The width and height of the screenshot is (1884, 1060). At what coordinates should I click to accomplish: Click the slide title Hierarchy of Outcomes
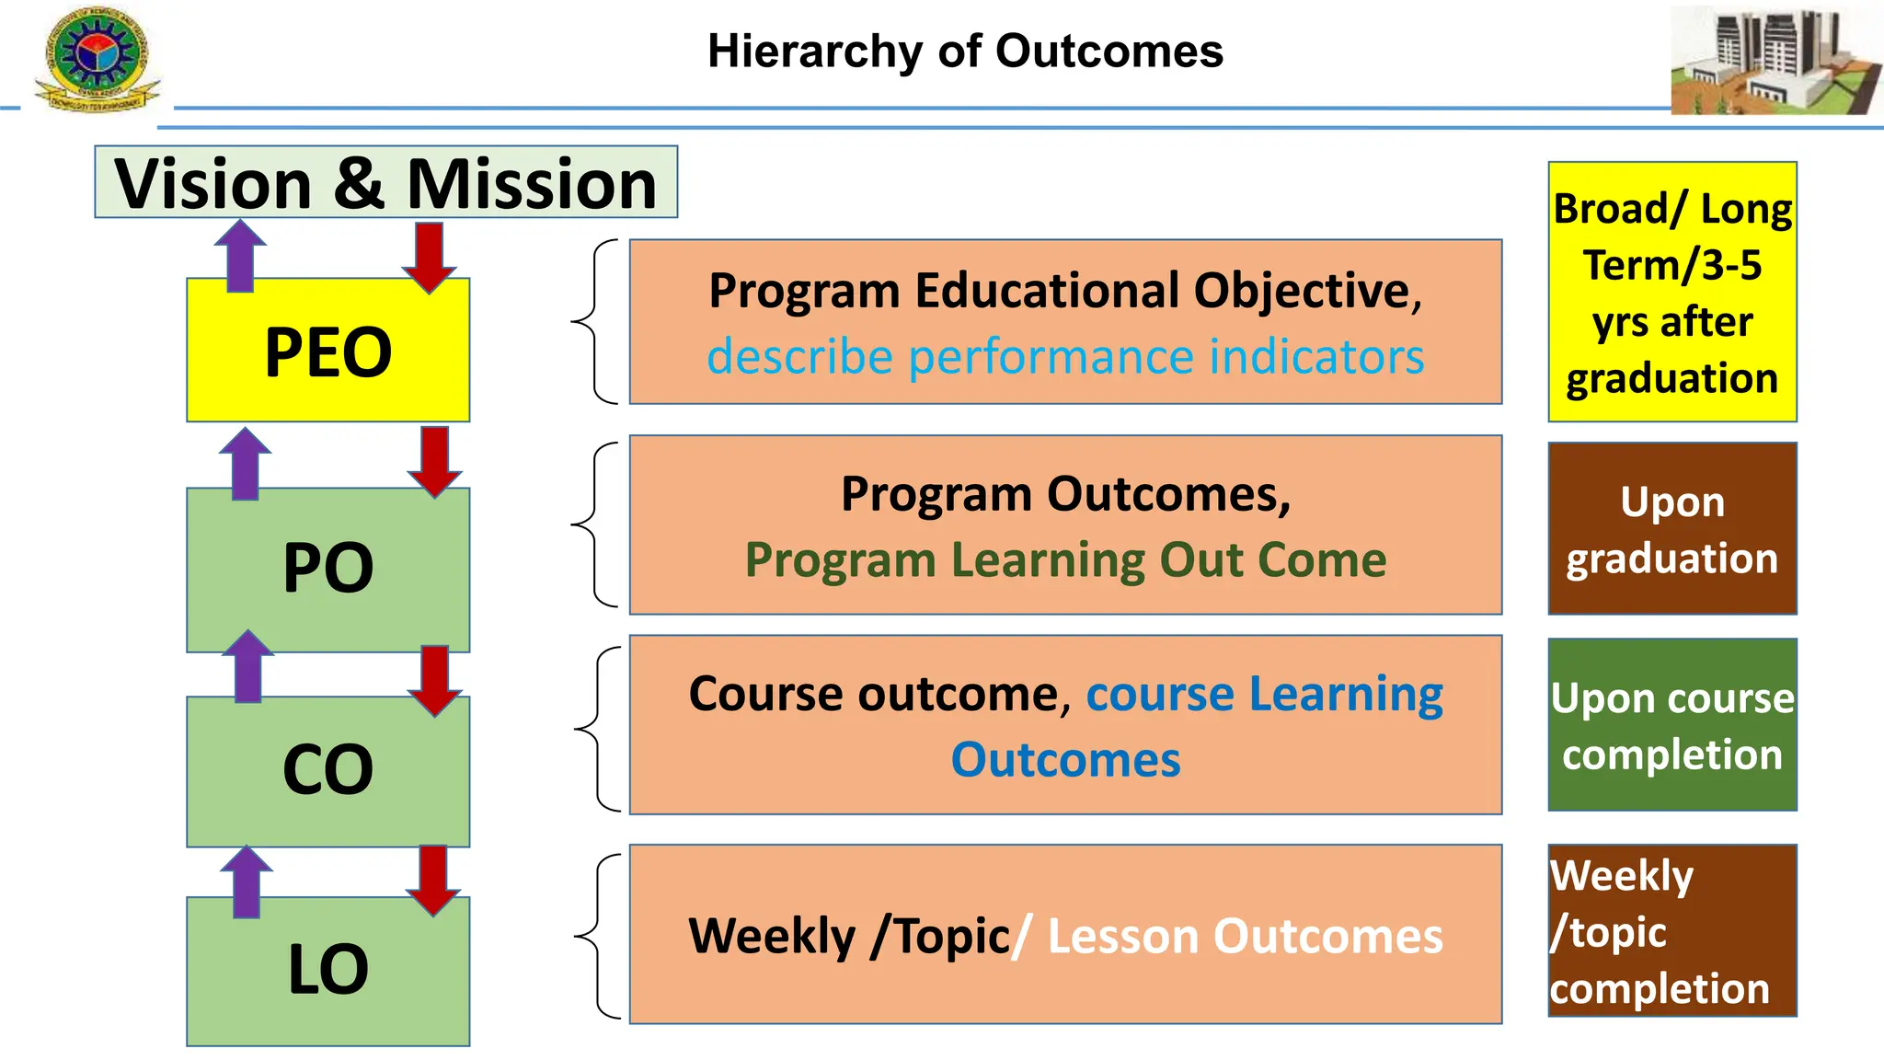point(965,52)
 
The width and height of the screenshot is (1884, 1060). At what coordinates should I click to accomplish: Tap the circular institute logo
point(96,57)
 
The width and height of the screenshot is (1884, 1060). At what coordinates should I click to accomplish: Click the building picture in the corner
point(1775,60)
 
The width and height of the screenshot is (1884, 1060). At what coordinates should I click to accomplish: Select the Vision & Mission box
point(385,182)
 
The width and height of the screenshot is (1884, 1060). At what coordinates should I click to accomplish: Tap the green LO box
point(327,972)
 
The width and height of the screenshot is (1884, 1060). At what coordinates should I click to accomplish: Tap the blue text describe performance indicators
point(1065,357)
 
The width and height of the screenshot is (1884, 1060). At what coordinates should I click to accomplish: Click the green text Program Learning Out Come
point(1065,559)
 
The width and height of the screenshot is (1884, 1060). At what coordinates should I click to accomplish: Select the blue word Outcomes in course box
point(1065,760)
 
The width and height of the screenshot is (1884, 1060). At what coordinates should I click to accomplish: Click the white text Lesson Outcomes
point(1245,937)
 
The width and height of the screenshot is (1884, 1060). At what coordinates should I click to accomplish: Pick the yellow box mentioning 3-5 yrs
point(1671,292)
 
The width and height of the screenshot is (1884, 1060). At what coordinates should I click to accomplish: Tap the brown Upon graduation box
point(1671,529)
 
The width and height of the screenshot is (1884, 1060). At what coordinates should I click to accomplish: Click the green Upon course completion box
point(1671,725)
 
